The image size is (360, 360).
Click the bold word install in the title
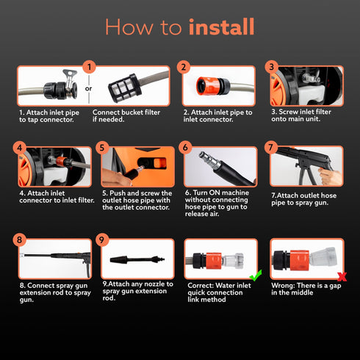pos(221,27)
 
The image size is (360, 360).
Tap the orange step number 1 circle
pos(89,67)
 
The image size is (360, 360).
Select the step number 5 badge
pos(102,148)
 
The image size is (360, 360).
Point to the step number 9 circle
pos(102,240)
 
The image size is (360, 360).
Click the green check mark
pos(256,276)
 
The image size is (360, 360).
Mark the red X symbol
pos(342,277)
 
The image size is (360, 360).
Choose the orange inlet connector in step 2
pos(207,86)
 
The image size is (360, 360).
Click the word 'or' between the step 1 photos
pos(89,89)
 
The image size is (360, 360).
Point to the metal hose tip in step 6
pos(209,160)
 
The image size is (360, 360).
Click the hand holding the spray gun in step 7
pos(331,176)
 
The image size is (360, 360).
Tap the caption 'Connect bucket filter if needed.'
pos(126,116)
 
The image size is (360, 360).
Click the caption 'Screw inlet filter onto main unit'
pos(301,115)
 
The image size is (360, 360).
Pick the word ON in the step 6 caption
pos(214,192)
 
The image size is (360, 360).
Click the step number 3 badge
pos(271,67)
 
